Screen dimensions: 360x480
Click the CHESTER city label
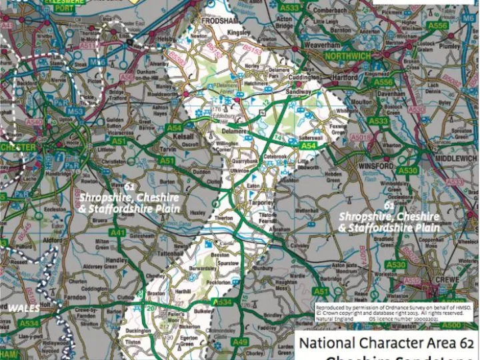point(18,147)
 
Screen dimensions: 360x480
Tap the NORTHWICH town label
point(347,57)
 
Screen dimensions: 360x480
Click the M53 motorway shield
point(75,111)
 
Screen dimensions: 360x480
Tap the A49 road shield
point(240,342)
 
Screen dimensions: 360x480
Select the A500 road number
point(451,325)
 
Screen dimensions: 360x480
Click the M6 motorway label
point(469,18)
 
